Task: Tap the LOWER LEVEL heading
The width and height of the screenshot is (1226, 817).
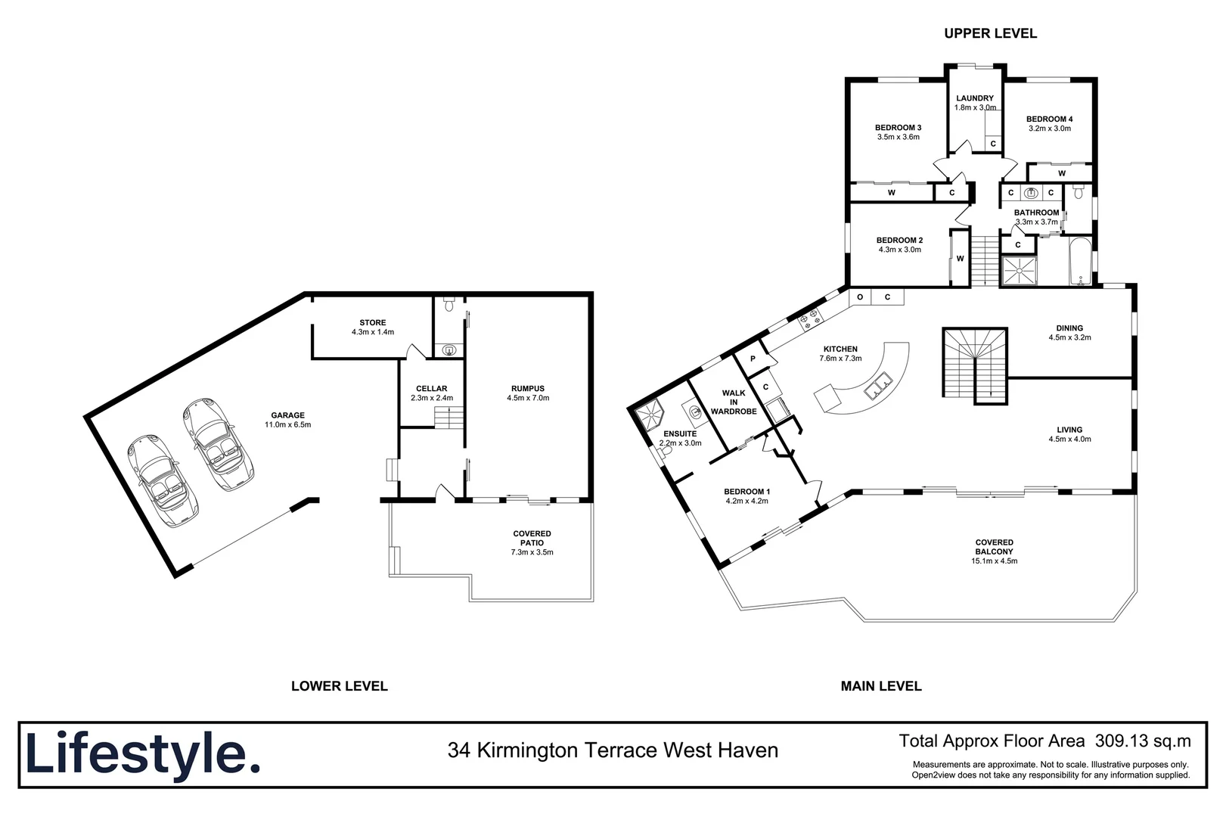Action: click(x=339, y=686)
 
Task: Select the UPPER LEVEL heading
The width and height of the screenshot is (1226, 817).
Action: click(x=990, y=33)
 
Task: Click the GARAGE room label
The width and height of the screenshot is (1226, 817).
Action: click(x=288, y=415)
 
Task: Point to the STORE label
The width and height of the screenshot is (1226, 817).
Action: click(x=373, y=323)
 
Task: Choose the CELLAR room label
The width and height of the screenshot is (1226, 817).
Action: click(x=432, y=389)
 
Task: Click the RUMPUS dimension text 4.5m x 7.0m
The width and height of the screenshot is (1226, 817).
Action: click(x=528, y=398)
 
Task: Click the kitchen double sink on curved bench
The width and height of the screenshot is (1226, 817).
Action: click(x=877, y=388)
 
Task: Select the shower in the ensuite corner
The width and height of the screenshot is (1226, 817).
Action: click(x=650, y=415)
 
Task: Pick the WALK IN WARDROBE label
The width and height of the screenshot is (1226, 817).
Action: click(x=734, y=402)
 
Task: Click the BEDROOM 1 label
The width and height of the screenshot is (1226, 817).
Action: click(x=746, y=492)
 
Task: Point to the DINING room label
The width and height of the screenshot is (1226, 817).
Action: click(x=1069, y=328)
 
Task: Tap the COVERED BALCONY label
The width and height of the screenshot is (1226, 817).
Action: click(x=994, y=547)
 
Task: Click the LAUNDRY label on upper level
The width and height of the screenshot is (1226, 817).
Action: click(x=975, y=98)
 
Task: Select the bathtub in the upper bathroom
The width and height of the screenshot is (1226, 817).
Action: click(x=1080, y=262)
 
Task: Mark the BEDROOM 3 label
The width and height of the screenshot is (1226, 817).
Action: click(x=898, y=128)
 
